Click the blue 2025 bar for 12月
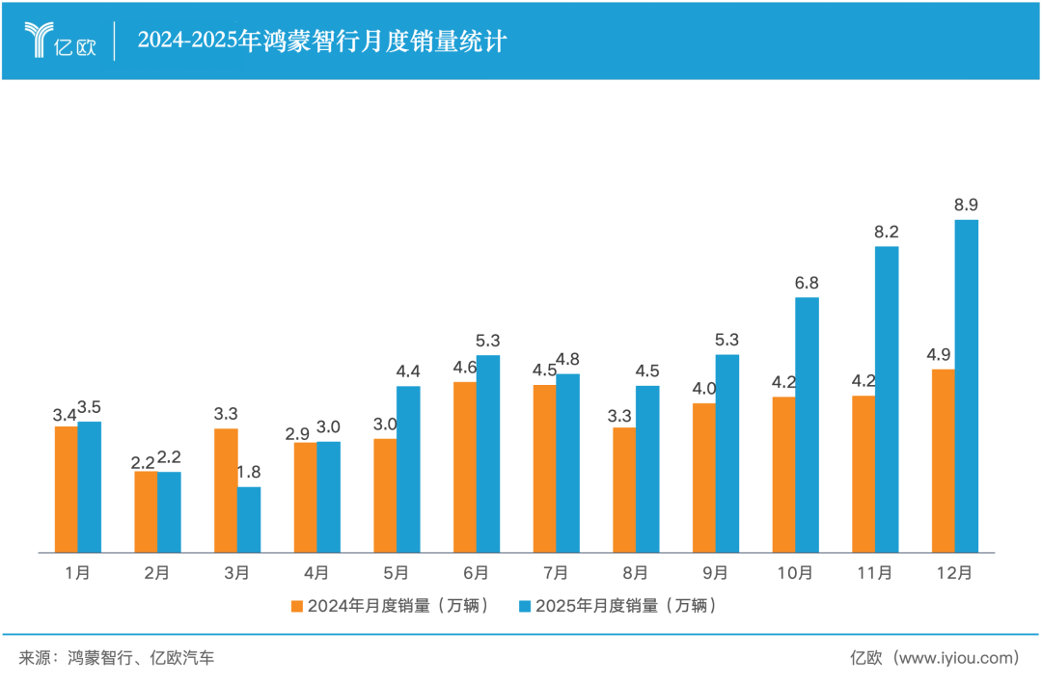tap(966, 386)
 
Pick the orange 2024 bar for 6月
tap(465, 467)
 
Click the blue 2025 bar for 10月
tap(807, 425)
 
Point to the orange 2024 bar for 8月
tap(624, 490)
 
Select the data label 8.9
tap(966, 205)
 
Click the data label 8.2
tap(887, 232)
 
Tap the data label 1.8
tap(249, 472)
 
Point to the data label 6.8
tap(807, 283)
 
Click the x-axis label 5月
tap(396, 573)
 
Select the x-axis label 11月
tap(874, 573)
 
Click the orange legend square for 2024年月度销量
tap(297, 606)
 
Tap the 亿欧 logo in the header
tap(61, 41)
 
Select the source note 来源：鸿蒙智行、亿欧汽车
tap(116, 658)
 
